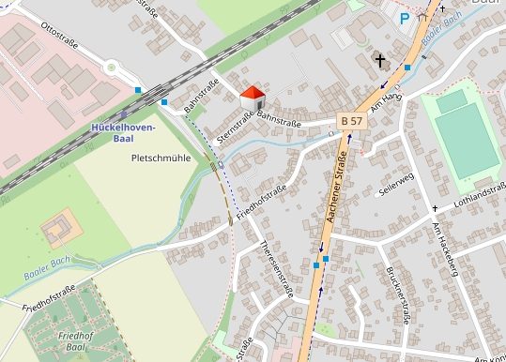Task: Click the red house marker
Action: point(253,96)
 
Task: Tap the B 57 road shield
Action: point(351,121)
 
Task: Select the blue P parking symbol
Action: point(405,17)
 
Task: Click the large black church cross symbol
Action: point(380,61)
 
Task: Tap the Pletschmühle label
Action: point(161,158)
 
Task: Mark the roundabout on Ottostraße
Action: point(114,67)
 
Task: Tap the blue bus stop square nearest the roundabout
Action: point(138,91)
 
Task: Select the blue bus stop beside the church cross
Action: point(407,68)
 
